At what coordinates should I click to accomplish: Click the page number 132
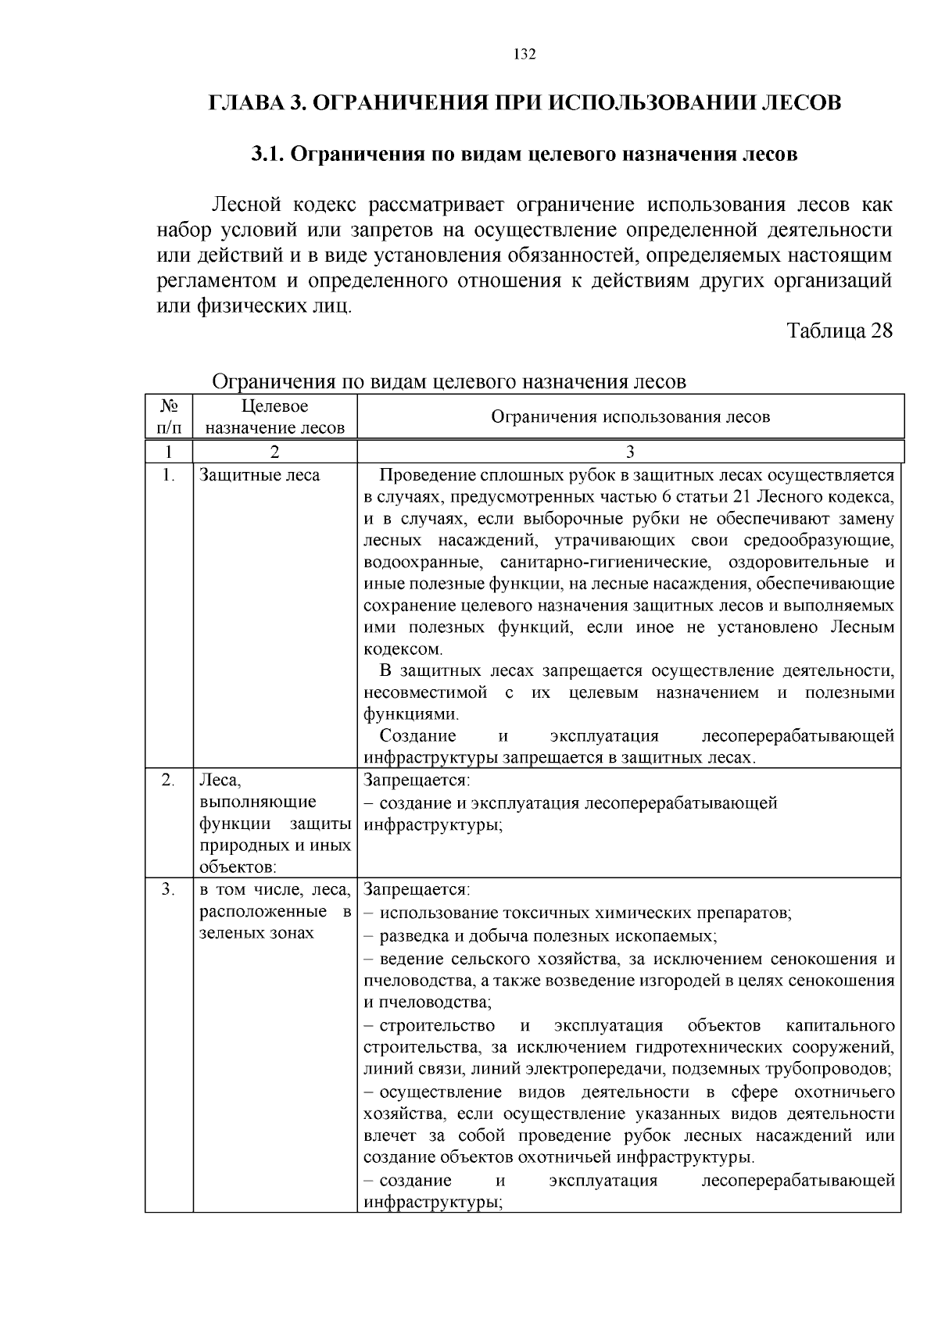(x=524, y=54)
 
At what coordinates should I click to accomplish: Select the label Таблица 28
(x=839, y=330)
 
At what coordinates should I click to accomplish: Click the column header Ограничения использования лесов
(x=630, y=416)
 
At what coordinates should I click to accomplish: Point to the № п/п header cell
(x=169, y=416)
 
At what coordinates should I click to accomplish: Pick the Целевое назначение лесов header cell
(x=274, y=416)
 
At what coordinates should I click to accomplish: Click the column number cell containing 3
(x=630, y=452)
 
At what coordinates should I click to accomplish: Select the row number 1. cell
(x=169, y=475)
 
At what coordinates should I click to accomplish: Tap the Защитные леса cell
(x=260, y=475)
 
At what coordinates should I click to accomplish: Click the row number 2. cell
(x=169, y=780)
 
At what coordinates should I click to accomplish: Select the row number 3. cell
(x=169, y=889)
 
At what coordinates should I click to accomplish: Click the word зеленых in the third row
(x=227, y=933)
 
